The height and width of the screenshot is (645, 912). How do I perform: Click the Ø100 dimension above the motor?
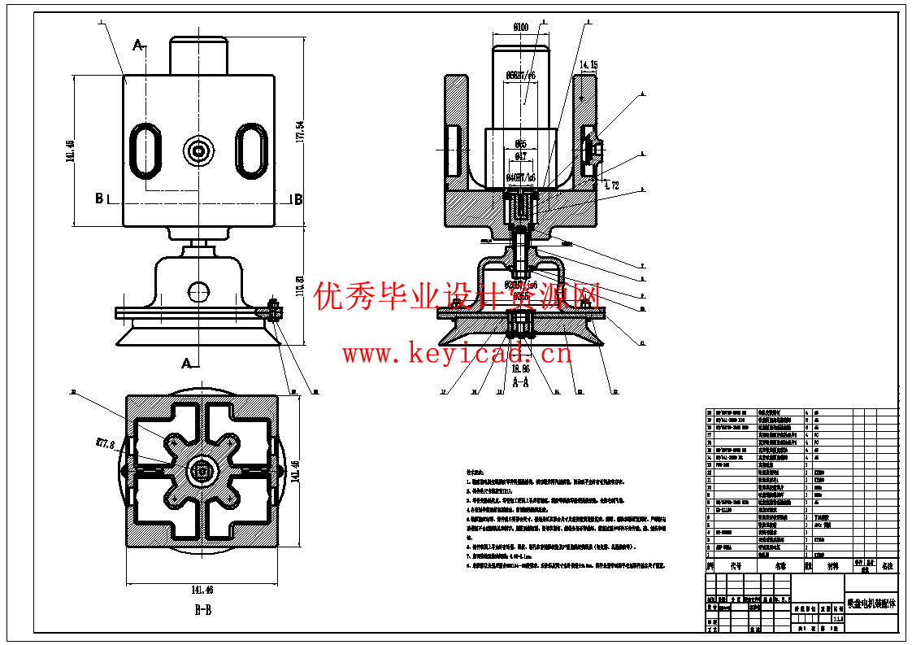(520, 27)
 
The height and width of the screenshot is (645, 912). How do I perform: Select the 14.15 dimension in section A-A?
(588, 64)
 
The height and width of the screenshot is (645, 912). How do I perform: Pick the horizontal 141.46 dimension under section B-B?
(202, 590)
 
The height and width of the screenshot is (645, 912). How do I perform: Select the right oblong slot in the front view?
(252, 150)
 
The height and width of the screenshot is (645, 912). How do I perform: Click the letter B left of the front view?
(99, 198)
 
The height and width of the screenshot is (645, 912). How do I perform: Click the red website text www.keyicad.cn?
(457, 354)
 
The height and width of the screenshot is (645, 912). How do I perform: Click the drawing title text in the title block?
(871, 604)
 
